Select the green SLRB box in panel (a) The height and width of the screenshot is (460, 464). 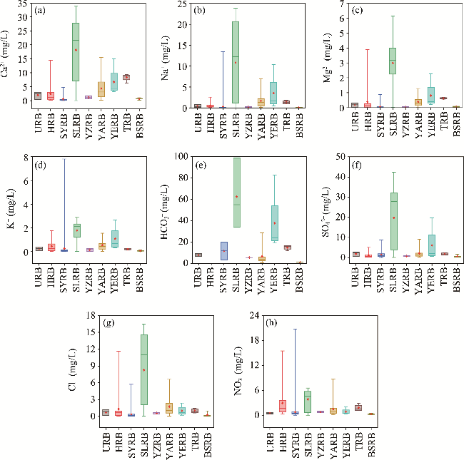tap(76, 52)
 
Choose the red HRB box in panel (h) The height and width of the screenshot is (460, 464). tap(282, 406)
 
